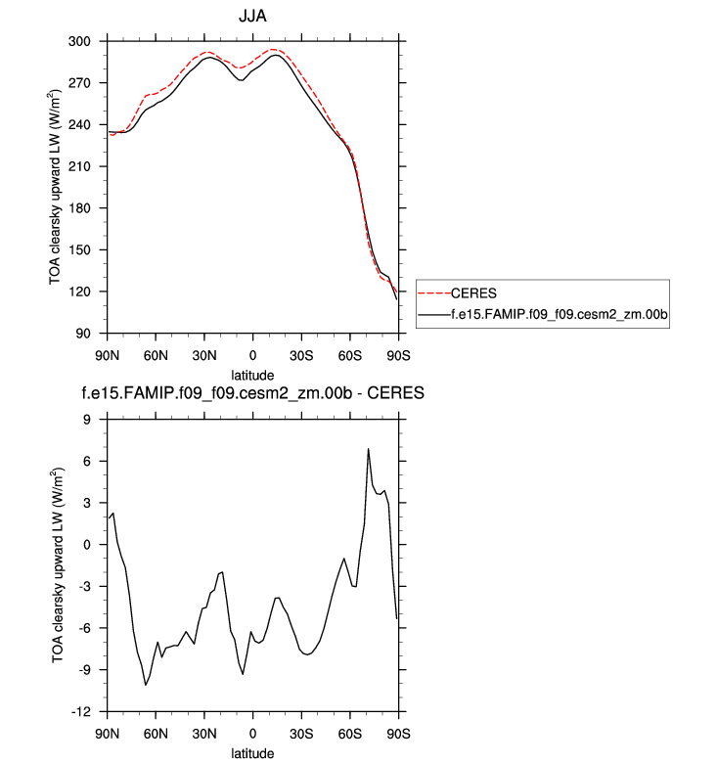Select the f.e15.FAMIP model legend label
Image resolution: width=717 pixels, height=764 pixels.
coord(558,314)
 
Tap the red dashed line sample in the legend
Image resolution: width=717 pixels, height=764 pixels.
coord(433,292)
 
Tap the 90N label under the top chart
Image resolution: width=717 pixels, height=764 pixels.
coord(107,352)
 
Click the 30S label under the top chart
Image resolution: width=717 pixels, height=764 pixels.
coord(301,352)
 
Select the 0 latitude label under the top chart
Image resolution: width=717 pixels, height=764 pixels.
coord(252,352)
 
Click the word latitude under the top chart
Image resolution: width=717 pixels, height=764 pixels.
coord(252,375)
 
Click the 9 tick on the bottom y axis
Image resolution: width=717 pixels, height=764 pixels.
coord(96,420)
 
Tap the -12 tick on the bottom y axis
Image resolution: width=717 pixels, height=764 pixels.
coord(90,711)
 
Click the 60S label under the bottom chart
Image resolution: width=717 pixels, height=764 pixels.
coord(349,731)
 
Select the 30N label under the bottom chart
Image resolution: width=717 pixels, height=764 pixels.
coord(203,731)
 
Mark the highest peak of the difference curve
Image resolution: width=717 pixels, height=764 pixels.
coord(368,449)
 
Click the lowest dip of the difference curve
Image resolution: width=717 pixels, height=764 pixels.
coord(146,685)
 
